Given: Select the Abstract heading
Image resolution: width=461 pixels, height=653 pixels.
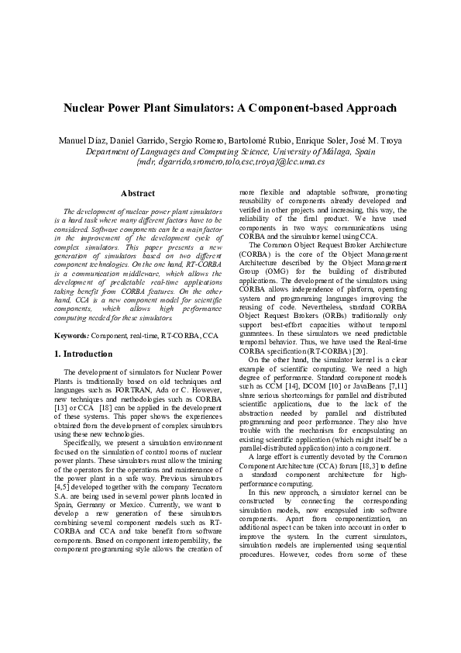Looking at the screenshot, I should pyautogui.click(x=138, y=193).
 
